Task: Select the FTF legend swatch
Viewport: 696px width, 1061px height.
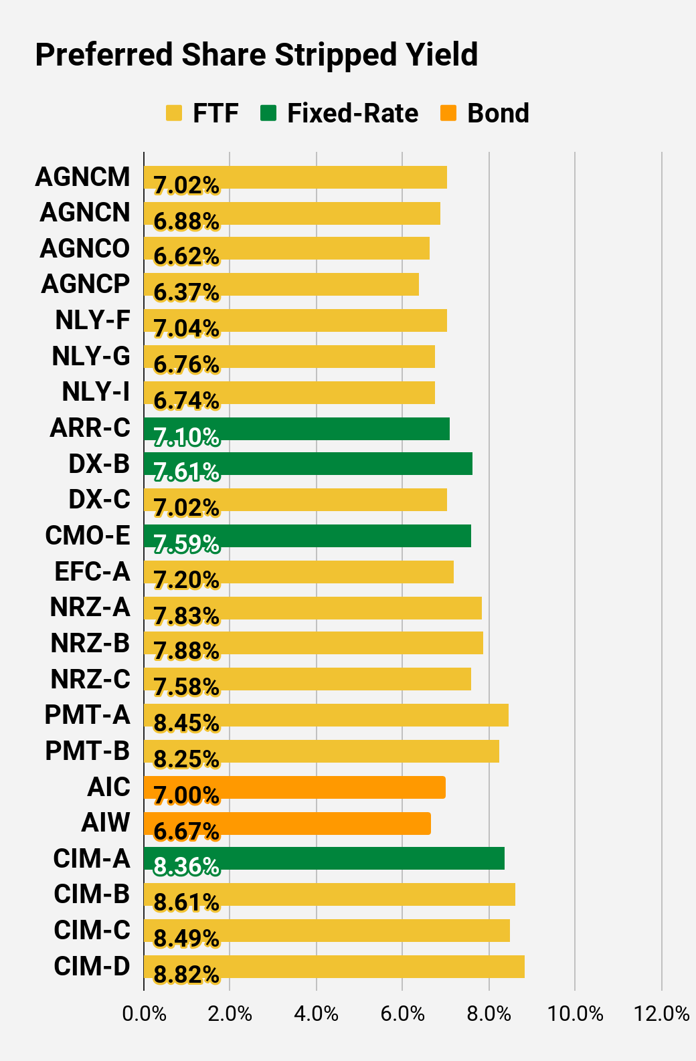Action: click(174, 113)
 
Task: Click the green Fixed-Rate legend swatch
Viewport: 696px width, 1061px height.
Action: click(268, 113)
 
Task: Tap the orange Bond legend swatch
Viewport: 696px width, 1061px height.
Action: click(448, 113)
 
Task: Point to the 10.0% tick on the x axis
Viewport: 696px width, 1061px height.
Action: click(575, 1014)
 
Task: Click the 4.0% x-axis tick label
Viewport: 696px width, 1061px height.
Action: click(316, 1014)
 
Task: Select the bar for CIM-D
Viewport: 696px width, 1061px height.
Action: click(334, 967)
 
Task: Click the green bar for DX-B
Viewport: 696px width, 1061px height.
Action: click(308, 463)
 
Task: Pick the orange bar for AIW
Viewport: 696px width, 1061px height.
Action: click(287, 824)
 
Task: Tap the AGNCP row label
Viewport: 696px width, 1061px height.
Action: click(85, 284)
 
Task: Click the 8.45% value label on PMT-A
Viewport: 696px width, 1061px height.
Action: click(186, 723)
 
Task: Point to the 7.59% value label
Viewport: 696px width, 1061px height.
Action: click(186, 544)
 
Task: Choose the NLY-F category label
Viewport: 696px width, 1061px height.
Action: click(92, 320)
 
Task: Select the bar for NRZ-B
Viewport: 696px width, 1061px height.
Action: click(314, 643)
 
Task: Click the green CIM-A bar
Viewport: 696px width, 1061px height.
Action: click(324, 858)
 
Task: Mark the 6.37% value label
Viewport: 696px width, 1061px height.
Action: click(186, 292)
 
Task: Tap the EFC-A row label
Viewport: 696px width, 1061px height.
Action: click(92, 572)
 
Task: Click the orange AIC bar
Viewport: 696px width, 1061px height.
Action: click(294, 787)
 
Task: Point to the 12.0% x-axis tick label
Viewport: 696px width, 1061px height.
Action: click(661, 1014)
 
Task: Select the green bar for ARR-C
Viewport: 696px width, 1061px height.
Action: click(296, 429)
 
